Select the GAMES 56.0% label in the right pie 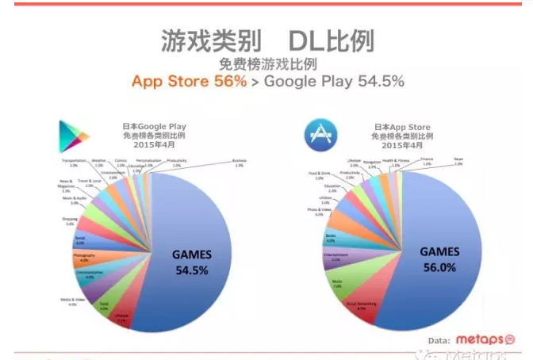(439, 259)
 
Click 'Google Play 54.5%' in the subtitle (334, 81)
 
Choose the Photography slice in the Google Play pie (87, 258)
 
